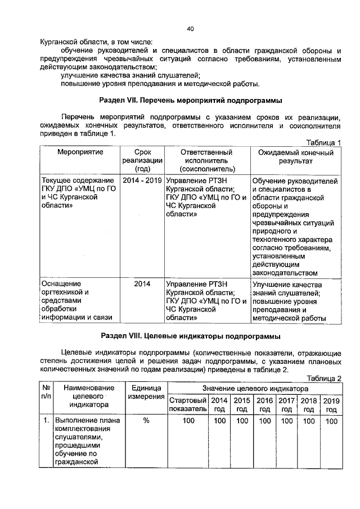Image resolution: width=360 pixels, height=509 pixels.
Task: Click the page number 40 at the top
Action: (190, 29)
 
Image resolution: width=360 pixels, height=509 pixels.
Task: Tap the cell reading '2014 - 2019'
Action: (141, 181)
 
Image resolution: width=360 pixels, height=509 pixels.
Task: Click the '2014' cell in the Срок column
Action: (141, 284)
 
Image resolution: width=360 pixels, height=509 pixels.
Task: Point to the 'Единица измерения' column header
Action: (145, 393)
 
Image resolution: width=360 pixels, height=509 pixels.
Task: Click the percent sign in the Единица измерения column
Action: (145, 420)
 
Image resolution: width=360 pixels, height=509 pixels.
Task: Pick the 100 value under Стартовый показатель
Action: (188, 420)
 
